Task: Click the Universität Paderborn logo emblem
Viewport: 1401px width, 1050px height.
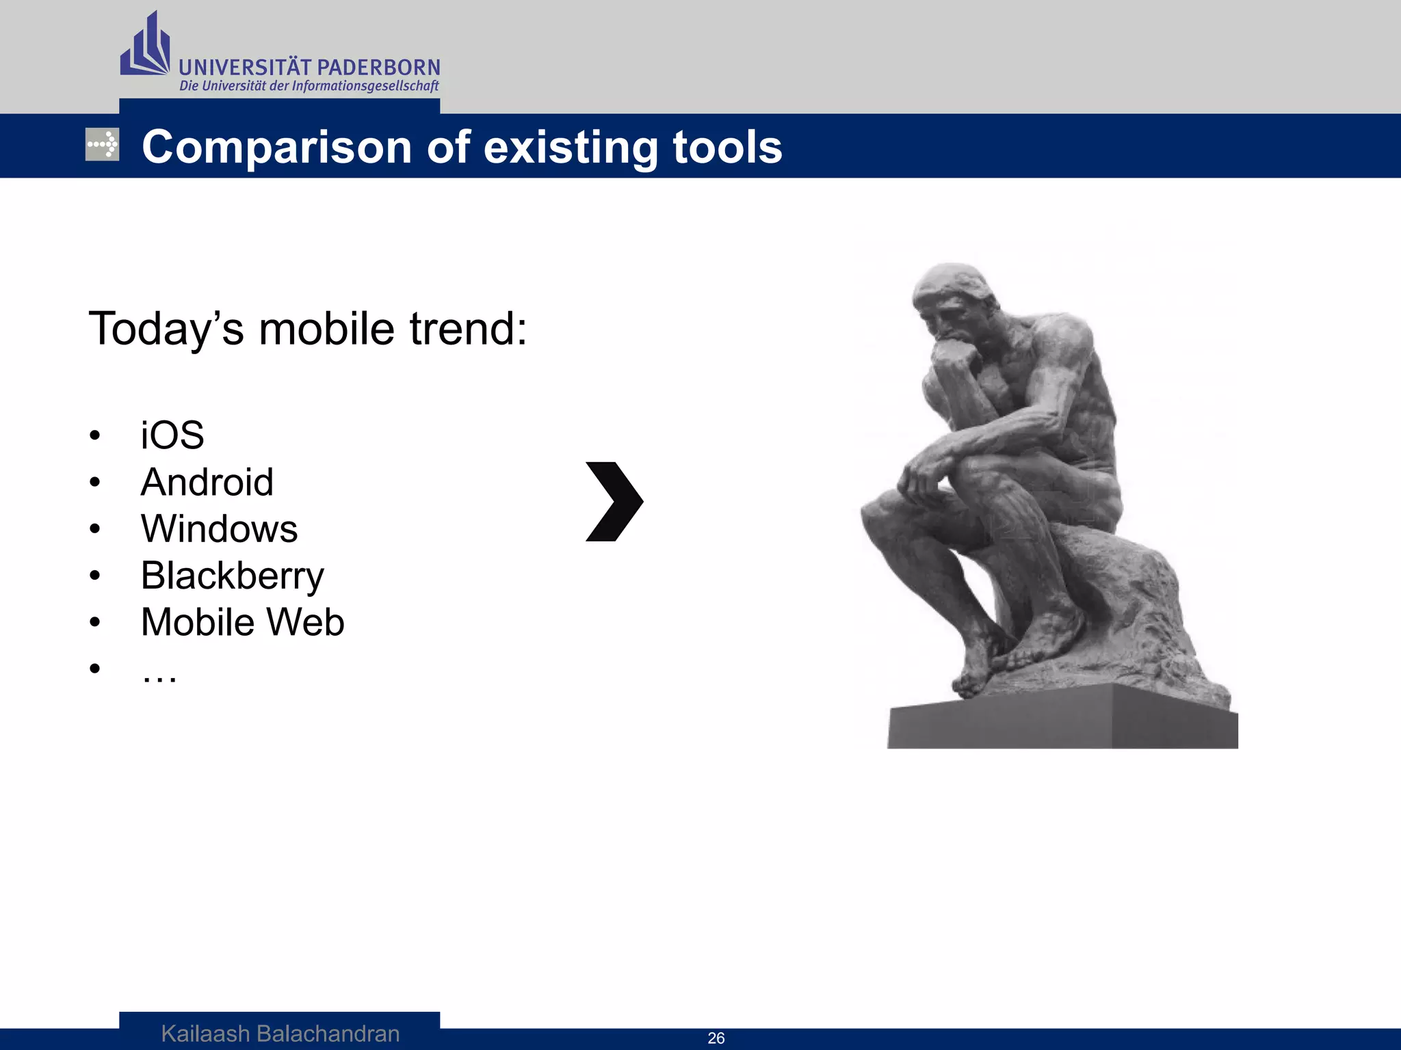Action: (144, 46)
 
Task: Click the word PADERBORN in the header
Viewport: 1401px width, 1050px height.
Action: (378, 68)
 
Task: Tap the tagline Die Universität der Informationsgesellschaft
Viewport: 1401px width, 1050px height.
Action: (309, 86)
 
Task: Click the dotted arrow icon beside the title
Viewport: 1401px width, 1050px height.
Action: (102, 144)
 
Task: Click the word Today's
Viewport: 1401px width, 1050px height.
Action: (166, 329)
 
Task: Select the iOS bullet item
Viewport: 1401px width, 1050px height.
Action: (172, 435)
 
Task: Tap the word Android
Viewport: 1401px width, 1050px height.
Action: (207, 483)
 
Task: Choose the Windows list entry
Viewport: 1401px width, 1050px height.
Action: (219, 529)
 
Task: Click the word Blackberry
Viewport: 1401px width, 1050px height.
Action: (232, 576)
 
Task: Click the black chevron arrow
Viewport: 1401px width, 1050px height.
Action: (614, 502)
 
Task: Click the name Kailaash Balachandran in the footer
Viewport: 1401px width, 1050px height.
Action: (280, 1034)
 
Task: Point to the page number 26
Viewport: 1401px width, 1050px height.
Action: (716, 1038)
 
